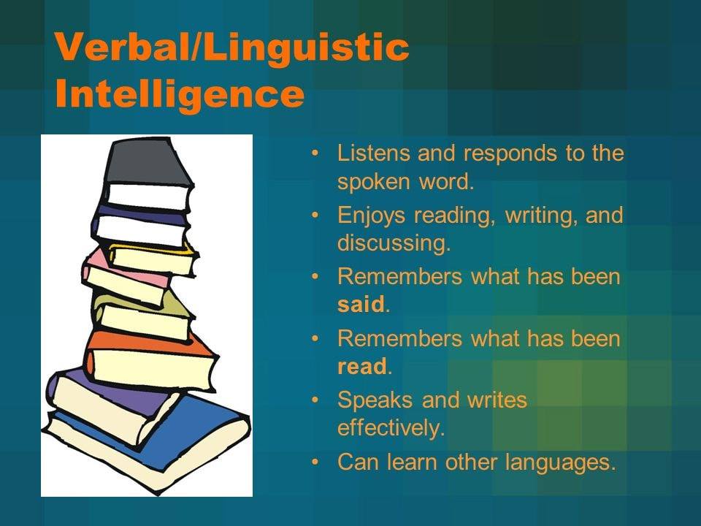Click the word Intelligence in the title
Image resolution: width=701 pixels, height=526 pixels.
click(180, 95)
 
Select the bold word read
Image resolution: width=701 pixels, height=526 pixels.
click(362, 366)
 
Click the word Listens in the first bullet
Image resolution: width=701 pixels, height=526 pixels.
click(374, 153)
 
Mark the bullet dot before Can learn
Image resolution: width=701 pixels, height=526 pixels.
click(315, 462)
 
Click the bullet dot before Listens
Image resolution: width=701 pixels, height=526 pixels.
click(315, 153)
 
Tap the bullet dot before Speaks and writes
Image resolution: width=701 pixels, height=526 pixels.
click(315, 400)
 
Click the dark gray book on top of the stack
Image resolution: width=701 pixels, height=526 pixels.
click(148, 162)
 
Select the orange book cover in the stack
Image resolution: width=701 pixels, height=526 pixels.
click(148, 343)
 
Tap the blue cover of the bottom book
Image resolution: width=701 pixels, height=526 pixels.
click(192, 430)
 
